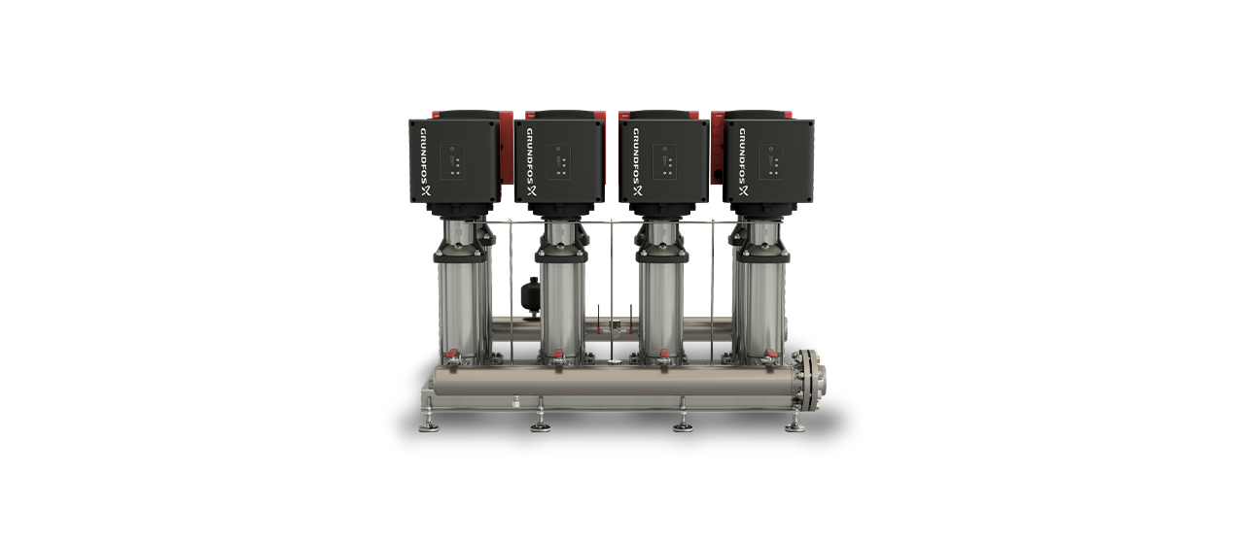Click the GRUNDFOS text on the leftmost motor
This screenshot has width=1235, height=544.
(x=425, y=156)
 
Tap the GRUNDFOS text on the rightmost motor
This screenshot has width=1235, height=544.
(x=743, y=156)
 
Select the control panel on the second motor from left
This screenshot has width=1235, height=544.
(x=558, y=162)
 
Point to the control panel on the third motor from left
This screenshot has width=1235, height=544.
(x=664, y=162)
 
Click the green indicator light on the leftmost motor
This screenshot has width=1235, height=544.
(x=452, y=149)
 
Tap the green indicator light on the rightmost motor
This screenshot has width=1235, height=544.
(x=771, y=149)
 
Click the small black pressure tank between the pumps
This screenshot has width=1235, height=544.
(x=530, y=294)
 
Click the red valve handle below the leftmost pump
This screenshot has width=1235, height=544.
(x=452, y=353)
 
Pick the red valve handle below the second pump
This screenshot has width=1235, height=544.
(x=557, y=353)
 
